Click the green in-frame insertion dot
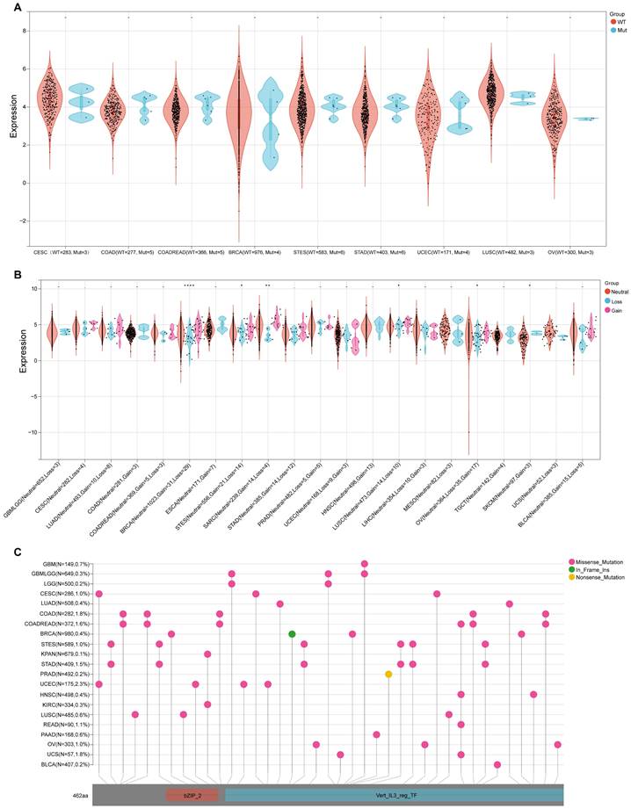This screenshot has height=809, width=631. (x=291, y=633)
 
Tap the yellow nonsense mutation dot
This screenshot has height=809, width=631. (x=388, y=674)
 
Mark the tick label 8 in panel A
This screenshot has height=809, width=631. (x=25, y=31)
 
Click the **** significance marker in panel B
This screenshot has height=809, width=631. (x=189, y=285)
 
